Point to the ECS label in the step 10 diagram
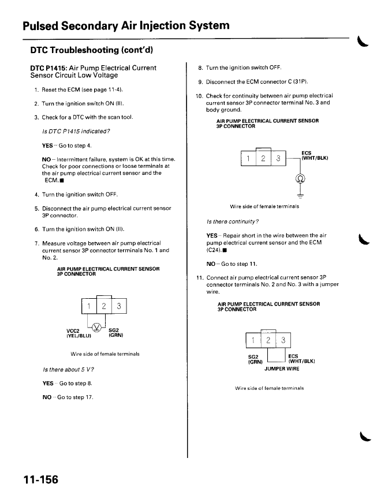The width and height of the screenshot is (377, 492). coord(307,153)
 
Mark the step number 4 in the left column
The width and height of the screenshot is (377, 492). coord(36,194)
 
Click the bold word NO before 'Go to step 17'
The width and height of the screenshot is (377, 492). coord(47,397)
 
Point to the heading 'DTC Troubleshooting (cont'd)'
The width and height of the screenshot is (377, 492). coord(91,50)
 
